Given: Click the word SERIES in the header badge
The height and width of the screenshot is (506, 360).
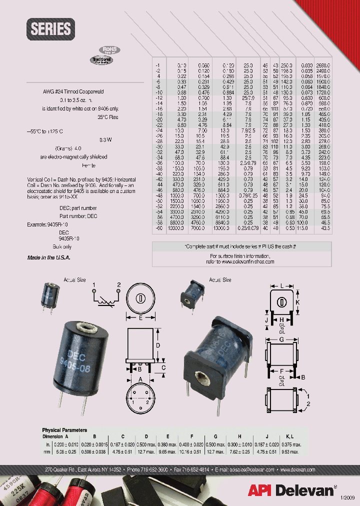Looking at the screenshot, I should (x=51, y=29).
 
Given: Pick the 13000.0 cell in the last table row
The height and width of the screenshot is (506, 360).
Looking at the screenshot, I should (x=224, y=228).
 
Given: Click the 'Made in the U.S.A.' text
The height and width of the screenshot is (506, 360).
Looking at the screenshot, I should (x=48, y=257).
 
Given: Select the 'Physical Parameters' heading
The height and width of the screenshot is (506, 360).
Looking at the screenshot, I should (x=64, y=430).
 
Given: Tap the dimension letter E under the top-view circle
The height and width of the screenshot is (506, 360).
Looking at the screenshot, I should (x=141, y=317).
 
